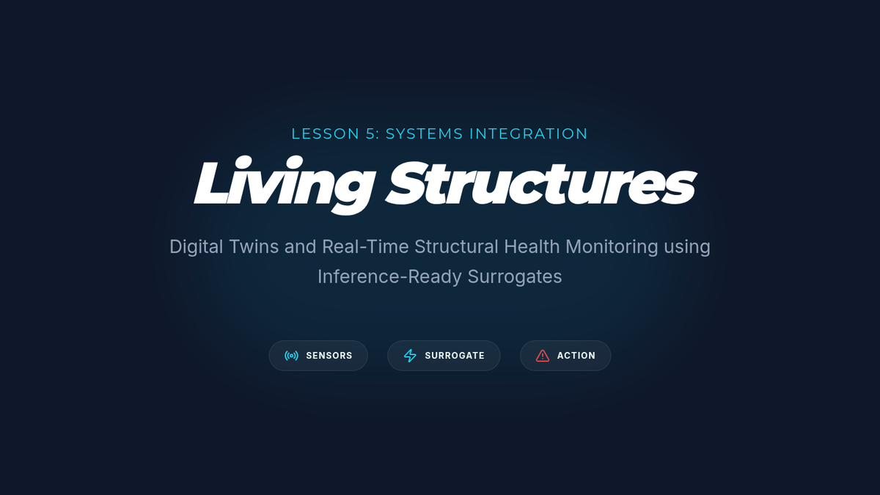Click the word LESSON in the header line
coord(326,133)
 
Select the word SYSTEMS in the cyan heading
coord(425,133)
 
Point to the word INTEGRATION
coord(529,133)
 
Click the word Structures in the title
coord(540,183)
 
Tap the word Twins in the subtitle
coord(254,246)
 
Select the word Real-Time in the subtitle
coord(365,246)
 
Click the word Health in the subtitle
coord(532,246)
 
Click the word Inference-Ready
coord(389,277)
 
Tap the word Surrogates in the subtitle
coord(515,277)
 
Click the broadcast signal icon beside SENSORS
coord(291,356)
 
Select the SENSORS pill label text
coord(329,356)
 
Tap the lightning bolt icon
coord(410,356)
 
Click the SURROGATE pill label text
coord(455,356)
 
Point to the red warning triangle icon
coord(543,356)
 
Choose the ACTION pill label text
coord(576,356)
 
